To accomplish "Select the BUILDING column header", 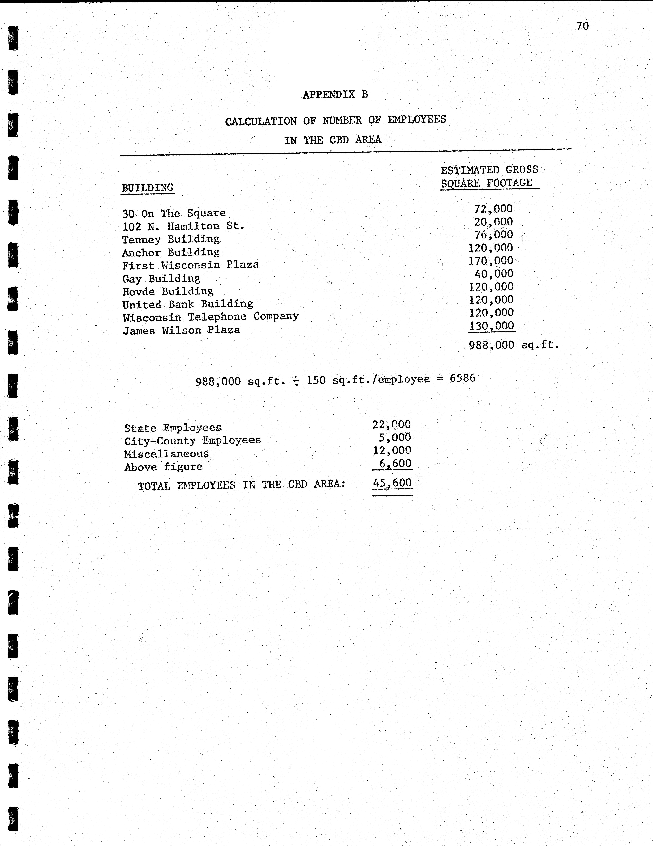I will pyautogui.click(x=147, y=188).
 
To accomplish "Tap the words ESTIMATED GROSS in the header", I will pyautogui.click(x=489, y=170).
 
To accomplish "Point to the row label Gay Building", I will pyautogui.click(x=161, y=279).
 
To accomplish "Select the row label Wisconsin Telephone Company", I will pyautogui.click(x=211, y=317).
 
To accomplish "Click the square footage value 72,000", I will pyautogui.click(x=493, y=209).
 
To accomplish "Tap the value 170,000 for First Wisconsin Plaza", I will pyautogui.click(x=491, y=261).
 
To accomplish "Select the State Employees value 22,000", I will pyautogui.click(x=391, y=425).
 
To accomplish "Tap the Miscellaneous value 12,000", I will pyautogui.click(x=392, y=451).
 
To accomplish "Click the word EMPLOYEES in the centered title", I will pyautogui.click(x=417, y=119).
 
